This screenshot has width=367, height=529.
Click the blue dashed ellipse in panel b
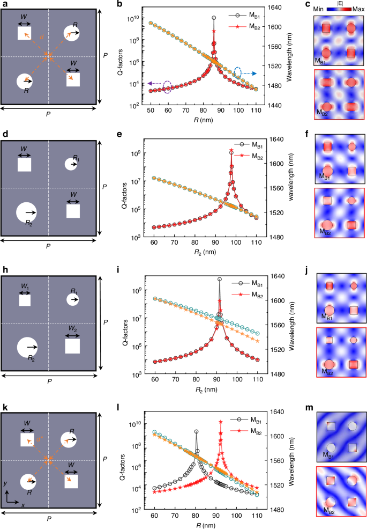click(239, 72)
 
